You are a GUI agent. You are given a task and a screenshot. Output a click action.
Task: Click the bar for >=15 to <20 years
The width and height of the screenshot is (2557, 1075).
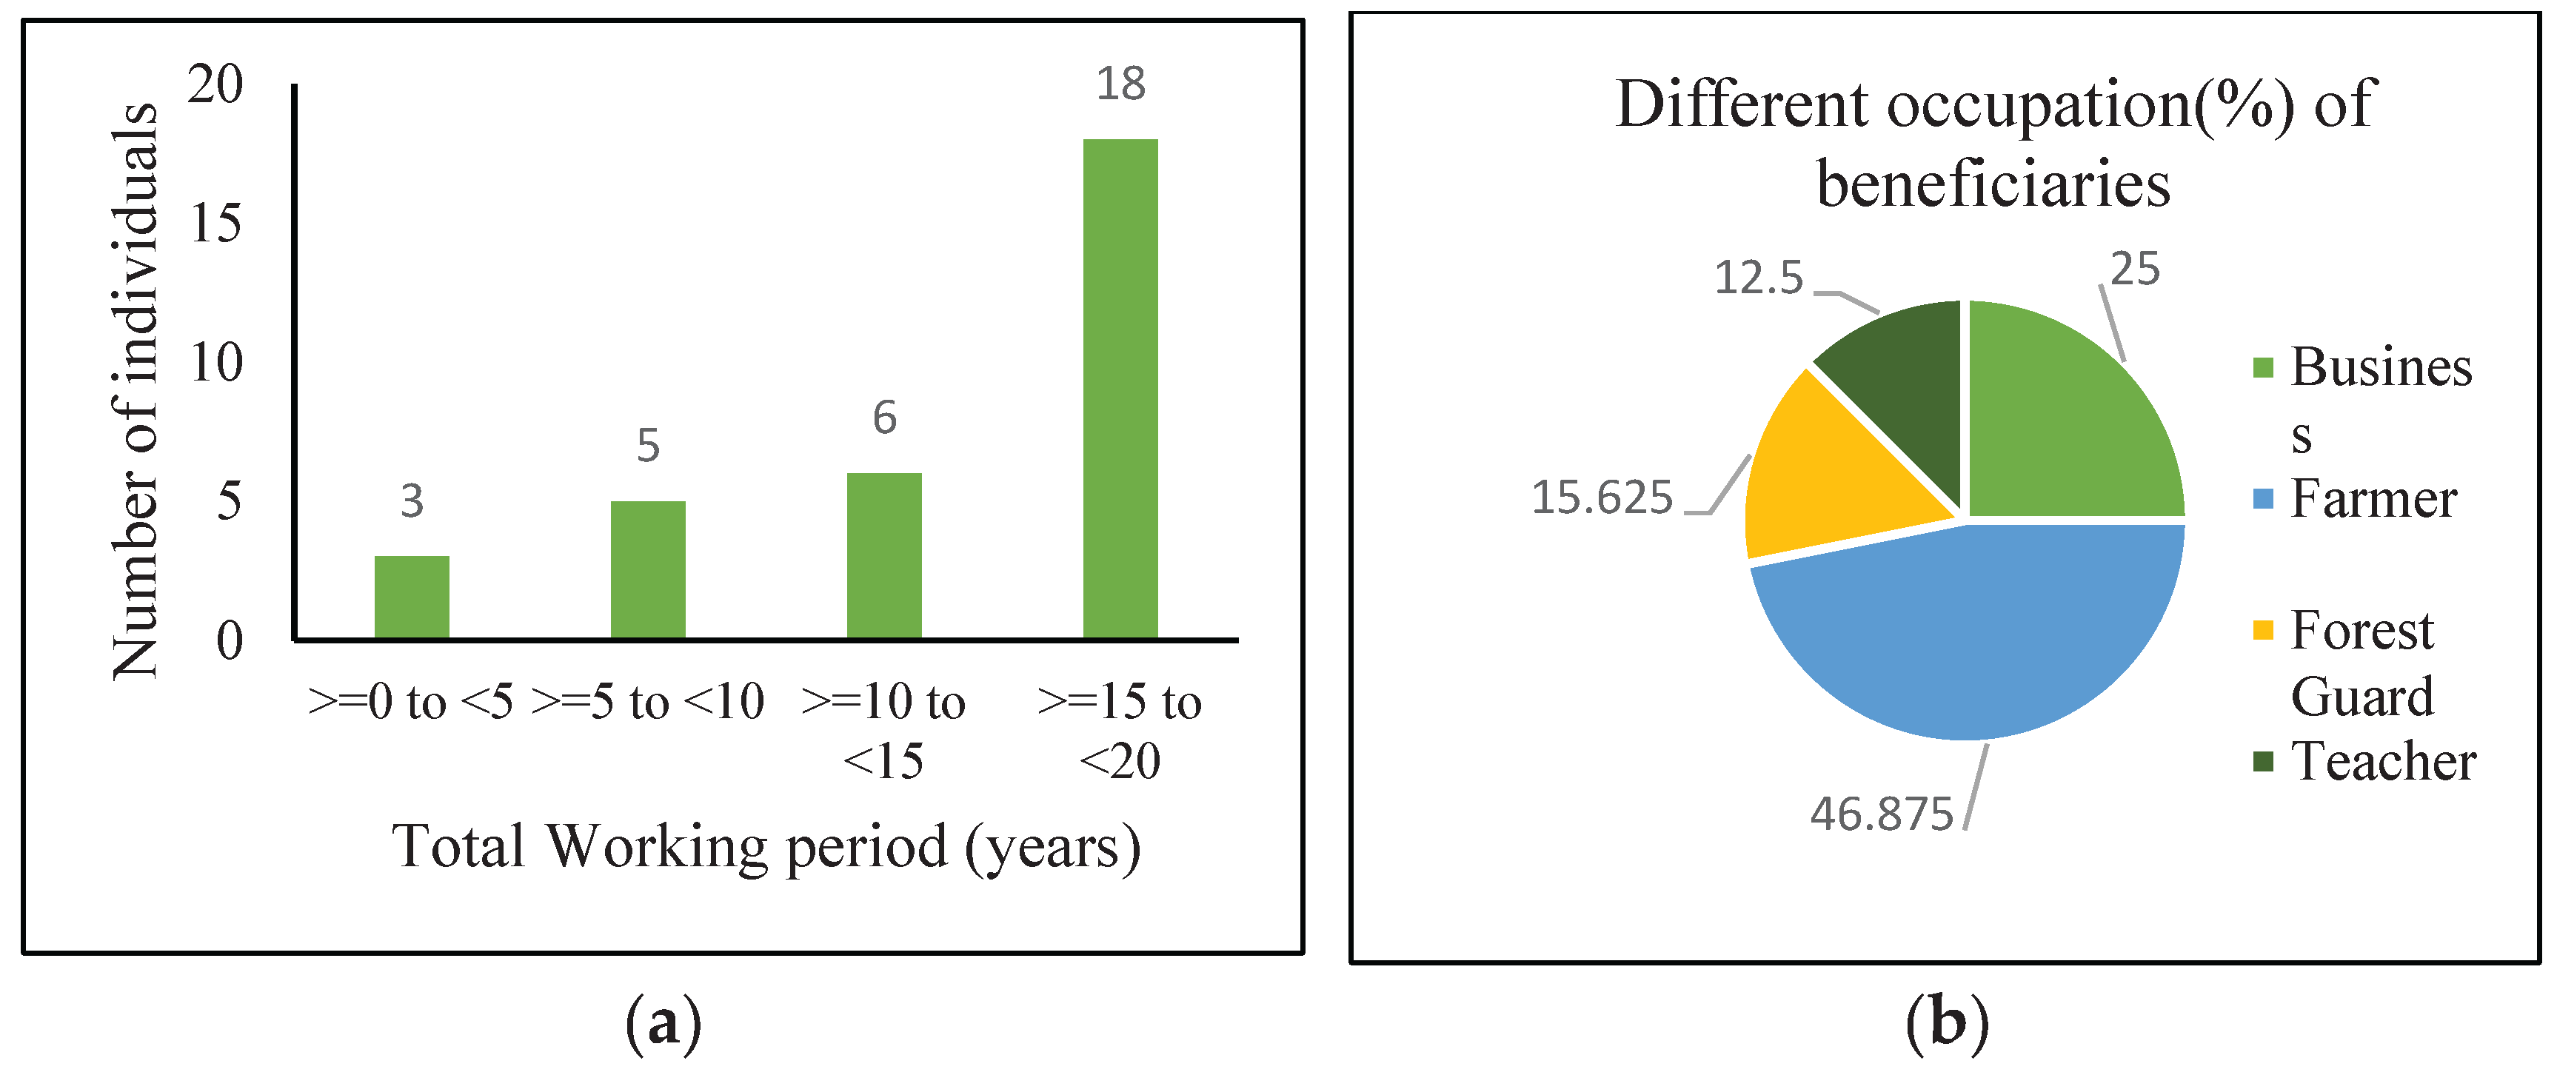click(1120, 388)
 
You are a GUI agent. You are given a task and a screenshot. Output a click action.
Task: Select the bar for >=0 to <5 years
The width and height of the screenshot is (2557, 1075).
click(412, 597)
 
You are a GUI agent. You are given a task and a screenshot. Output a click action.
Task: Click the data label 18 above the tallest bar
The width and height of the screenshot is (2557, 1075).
click(1120, 84)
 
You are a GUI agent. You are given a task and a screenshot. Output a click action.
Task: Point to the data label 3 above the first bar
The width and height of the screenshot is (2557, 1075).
click(412, 501)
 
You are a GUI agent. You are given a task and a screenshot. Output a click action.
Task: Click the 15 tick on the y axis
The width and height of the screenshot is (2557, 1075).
click(215, 224)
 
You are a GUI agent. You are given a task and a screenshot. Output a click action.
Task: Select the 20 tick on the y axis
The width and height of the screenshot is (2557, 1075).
click(215, 84)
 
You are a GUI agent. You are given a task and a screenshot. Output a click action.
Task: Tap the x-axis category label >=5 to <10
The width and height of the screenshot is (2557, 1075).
click(647, 703)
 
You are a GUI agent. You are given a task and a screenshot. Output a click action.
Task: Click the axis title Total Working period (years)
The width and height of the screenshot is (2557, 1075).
click(766, 847)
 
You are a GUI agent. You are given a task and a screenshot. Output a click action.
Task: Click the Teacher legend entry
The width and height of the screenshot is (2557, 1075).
click(2382, 763)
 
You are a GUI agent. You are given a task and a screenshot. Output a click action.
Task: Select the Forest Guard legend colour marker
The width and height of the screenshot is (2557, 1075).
click(2263, 630)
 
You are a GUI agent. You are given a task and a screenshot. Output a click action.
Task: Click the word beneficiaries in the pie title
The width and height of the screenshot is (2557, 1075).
click(1993, 184)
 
